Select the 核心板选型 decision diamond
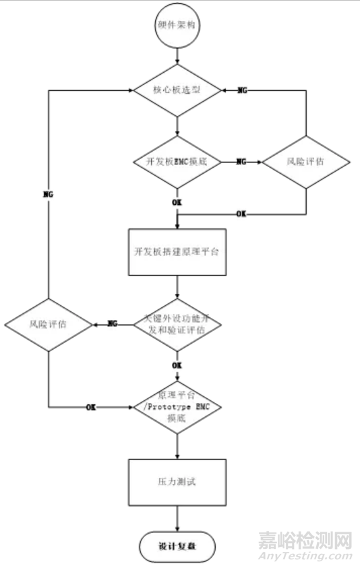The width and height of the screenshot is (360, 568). [176, 89]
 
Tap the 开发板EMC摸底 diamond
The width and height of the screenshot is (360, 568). [176, 162]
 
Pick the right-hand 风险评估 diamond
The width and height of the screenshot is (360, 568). [306, 162]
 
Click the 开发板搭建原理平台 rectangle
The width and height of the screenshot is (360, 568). [176, 252]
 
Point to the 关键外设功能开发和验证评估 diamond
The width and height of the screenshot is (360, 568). [176, 324]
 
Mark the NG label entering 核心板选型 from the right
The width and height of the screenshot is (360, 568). [242, 90]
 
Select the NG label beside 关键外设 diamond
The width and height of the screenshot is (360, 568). [112, 324]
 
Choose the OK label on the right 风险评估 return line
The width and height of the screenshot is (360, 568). [241, 214]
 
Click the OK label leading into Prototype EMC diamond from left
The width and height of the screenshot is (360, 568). [90, 408]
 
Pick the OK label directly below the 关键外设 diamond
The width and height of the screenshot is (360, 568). [176, 365]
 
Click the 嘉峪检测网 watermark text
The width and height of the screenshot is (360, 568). [306, 540]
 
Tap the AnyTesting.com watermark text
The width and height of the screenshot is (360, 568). [306, 557]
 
